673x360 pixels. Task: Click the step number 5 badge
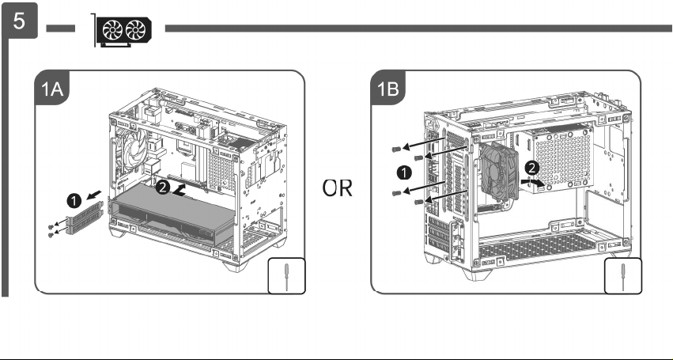(20, 21)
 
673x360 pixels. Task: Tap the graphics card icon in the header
(123, 31)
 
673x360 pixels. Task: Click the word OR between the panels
(338, 188)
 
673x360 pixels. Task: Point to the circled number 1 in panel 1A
(74, 201)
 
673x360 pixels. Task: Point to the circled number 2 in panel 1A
(162, 188)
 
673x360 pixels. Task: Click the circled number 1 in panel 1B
(403, 173)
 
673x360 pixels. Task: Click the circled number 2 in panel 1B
(531, 169)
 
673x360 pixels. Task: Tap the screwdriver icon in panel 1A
(287, 275)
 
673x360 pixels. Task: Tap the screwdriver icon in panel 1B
(623, 275)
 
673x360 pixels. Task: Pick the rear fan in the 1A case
(133, 153)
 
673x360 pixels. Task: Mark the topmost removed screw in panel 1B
(396, 149)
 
